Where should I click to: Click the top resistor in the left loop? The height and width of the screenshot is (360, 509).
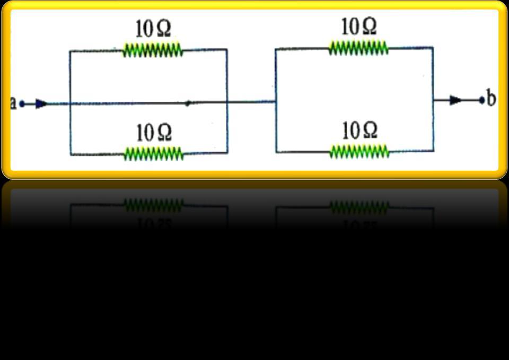coord(153,51)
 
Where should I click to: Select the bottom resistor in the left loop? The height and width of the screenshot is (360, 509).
coord(153,154)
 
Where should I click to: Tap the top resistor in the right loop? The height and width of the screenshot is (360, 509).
coord(358,49)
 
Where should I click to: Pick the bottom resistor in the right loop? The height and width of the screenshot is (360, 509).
coord(359,152)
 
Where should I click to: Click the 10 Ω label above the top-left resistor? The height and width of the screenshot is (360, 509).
coord(153,30)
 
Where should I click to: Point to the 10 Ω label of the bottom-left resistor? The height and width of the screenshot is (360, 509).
coord(154,133)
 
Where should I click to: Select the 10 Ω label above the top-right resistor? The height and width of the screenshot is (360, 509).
coord(359,27)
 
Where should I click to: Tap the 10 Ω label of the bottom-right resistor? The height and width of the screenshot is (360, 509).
coord(359,130)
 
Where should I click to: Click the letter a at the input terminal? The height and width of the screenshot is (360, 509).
coord(14,103)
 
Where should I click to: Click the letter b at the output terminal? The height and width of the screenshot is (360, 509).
coord(491,99)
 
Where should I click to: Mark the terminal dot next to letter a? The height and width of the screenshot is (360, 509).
coord(22,104)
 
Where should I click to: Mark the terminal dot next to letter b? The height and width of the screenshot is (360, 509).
coord(481,100)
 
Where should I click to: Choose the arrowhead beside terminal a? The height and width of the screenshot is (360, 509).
coord(41,104)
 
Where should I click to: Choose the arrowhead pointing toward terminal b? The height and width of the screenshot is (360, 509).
coord(455,100)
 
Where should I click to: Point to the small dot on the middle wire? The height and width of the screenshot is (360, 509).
coord(187,103)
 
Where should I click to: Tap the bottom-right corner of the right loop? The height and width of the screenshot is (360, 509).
coord(433,152)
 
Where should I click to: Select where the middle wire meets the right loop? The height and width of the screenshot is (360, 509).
coord(276,101)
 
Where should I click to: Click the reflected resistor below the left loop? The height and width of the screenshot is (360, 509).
coord(153,204)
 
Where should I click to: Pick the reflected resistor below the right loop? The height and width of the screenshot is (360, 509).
coord(359,206)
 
